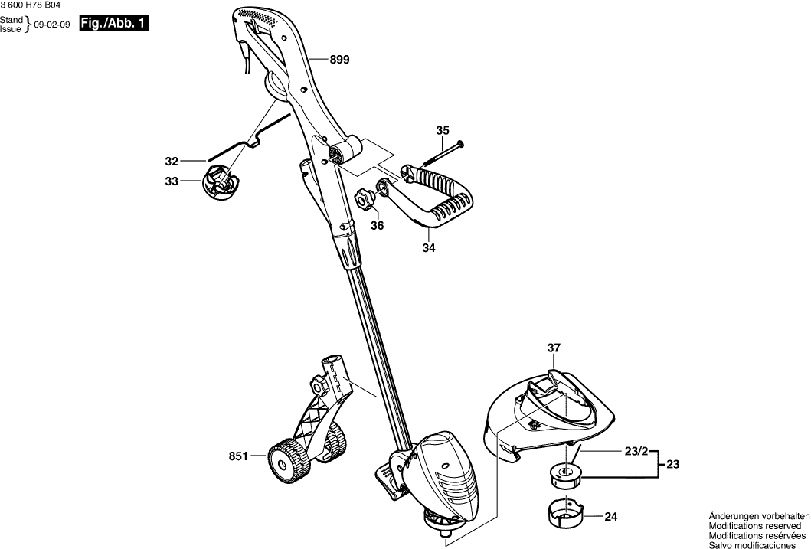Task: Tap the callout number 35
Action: pos(443,131)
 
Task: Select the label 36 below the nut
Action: pos(377,225)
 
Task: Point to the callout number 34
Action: pos(429,248)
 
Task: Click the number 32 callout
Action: pos(172,162)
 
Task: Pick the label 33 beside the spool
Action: pos(172,181)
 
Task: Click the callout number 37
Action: pos(554,348)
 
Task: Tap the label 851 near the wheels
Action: pos(238,456)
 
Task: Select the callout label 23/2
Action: pos(635,453)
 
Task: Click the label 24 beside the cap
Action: pos(610,517)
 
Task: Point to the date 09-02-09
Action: pos(52,25)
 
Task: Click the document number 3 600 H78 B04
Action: pos(31,5)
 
